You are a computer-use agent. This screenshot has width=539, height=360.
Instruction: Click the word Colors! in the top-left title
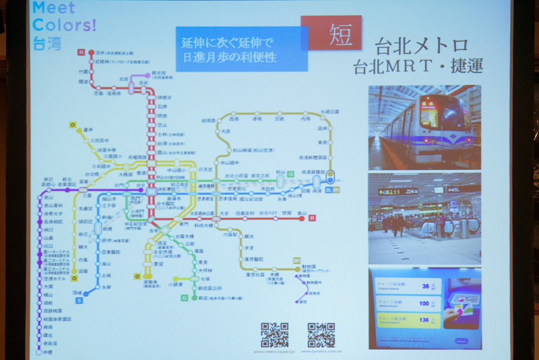coord(64,26)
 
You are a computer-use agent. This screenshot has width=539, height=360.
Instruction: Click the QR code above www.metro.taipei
coord(274,335)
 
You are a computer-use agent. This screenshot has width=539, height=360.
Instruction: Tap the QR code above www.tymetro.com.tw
coord(321,335)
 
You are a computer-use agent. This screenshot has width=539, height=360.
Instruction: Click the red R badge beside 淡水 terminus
coord(82,52)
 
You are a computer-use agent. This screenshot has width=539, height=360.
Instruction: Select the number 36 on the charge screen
coord(424,287)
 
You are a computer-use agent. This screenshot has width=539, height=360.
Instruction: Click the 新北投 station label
coord(159,73)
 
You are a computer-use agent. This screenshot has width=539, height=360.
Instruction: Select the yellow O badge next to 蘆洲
coord(71,125)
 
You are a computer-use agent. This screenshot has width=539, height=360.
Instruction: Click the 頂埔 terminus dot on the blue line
coord(86,293)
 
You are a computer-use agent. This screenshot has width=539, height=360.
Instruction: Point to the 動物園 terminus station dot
coord(296,269)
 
